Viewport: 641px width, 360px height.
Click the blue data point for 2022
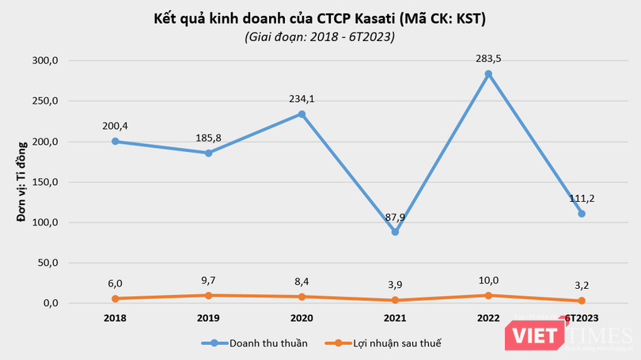tap(488, 74)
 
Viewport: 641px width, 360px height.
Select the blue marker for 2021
tap(396, 232)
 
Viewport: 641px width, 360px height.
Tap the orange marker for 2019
tap(209, 295)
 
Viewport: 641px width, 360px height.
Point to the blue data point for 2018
tap(116, 142)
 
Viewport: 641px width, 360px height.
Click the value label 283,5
tap(488, 58)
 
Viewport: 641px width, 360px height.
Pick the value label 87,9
tap(396, 215)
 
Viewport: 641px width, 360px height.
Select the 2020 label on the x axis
tap(302, 318)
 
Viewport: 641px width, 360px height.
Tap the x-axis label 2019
tap(209, 318)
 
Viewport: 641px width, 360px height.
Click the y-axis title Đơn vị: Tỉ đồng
tap(23, 182)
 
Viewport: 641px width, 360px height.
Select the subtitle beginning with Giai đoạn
tap(320, 37)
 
